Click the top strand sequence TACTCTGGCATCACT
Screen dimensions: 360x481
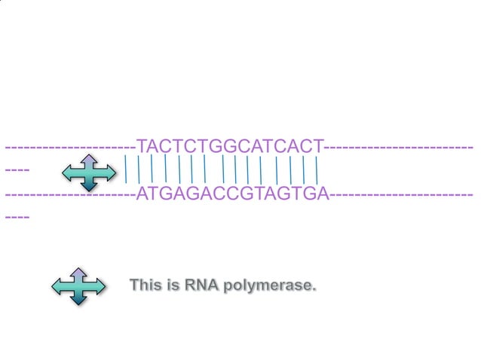(x=230, y=145)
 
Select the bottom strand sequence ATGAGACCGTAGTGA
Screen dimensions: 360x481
(x=233, y=194)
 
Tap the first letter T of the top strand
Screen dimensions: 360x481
(x=142, y=145)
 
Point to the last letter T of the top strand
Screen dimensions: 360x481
(x=318, y=145)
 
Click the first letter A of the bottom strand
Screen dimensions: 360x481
(x=143, y=194)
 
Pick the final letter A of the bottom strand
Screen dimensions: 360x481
(x=323, y=194)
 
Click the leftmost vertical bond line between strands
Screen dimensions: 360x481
(x=126, y=169)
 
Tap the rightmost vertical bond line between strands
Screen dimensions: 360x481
(x=317, y=169)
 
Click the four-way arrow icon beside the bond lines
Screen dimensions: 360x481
(x=89, y=172)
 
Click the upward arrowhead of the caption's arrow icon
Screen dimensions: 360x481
(x=78, y=271)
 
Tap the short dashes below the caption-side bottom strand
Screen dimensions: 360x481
(x=17, y=218)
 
